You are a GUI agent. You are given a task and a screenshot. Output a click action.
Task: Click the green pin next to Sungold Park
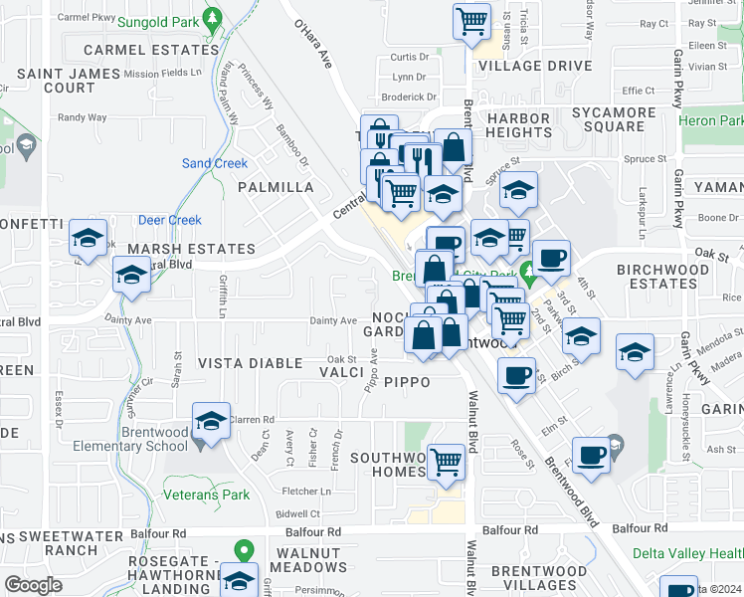(211, 18)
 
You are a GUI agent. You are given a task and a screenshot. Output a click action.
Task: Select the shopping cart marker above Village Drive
(471, 21)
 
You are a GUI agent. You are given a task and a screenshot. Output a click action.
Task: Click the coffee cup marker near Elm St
(515, 376)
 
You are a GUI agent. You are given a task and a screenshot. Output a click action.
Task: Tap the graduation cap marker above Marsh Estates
(88, 239)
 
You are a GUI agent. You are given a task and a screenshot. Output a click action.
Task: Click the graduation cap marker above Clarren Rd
(211, 422)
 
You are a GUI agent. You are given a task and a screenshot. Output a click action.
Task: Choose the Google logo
(33, 585)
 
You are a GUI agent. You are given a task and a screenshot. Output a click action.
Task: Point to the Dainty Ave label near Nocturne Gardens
(333, 320)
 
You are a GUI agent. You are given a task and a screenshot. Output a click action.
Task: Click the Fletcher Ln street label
(306, 491)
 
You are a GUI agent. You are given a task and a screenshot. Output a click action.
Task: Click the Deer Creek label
(170, 221)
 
